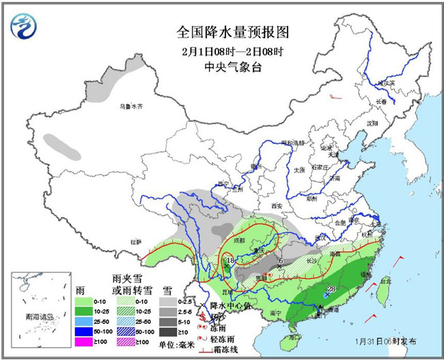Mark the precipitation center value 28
pyautogui.click(x=331, y=289)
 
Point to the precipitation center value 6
pyautogui.click(x=281, y=260)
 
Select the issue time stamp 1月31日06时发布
pyautogui.click(x=384, y=340)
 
